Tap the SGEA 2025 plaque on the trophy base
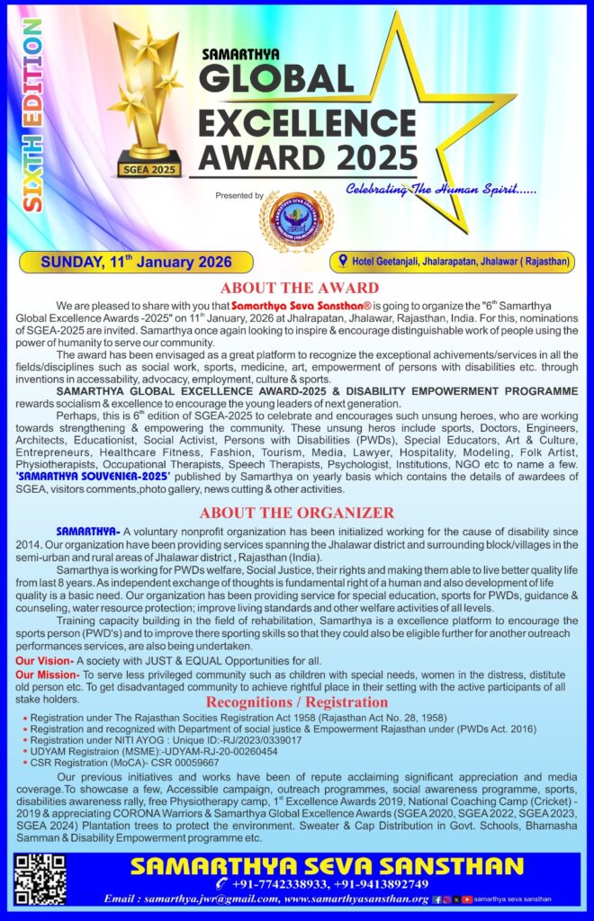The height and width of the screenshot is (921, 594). [x=149, y=166]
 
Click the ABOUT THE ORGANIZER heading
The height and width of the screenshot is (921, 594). [x=296, y=513]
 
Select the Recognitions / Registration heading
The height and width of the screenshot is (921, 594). [x=297, y=702]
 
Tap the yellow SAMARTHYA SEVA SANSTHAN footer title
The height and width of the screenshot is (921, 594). [x=327, y=866]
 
